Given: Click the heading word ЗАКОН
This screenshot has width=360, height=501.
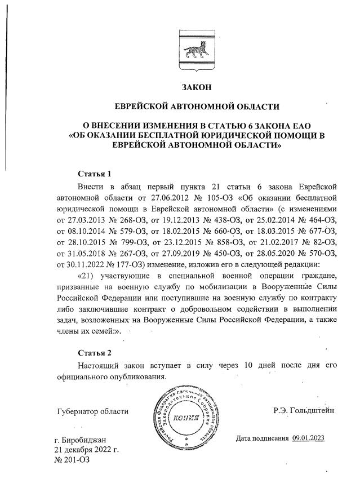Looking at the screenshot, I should pyautogui.click(x=197, y=87).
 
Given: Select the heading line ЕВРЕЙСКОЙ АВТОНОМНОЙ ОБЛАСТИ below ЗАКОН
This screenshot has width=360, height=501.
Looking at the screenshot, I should pyautogui.click(x=197, y=106).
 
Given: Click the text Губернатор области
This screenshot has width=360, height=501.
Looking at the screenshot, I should pyautogui.click(x=93, y=411).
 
